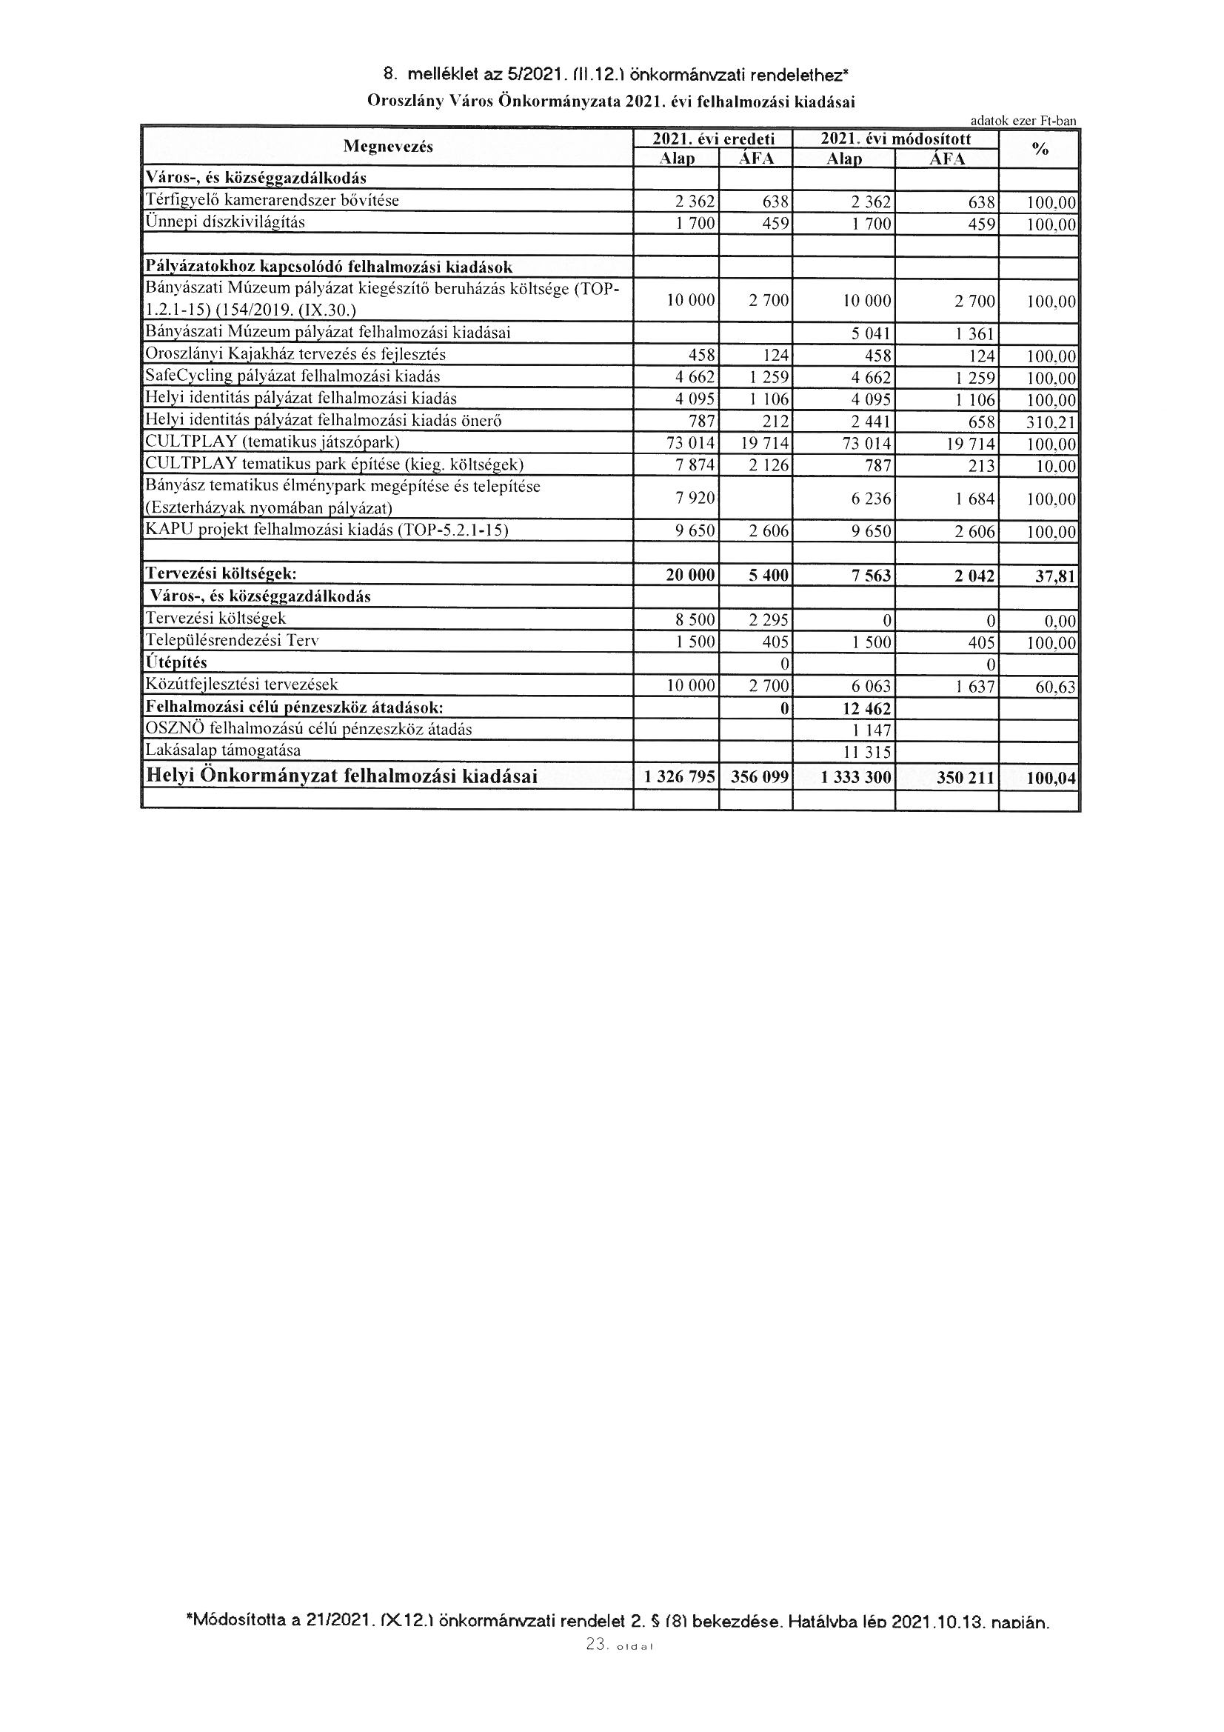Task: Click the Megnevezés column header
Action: pyautogui.click(x=388, y=147)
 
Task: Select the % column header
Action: pyautogui.click(x=1040, y=150)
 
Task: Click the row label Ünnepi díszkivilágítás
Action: pyautogui.click(x=225, y=222)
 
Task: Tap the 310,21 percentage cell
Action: pyautogui.click(x=1051, y=422)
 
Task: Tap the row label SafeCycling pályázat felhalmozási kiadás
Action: pyautogui.click(x=292, y=376)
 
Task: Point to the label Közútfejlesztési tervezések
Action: pyautogui.click(x=242, y=685)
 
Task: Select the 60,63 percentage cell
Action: pyautogui.click(x=1054, y=687)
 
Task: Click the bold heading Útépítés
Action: pyautogui.click(x=175, y=663)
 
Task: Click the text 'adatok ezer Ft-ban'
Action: pyautogui.click(x=1023, y=121)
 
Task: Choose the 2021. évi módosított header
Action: pyautogui.click(x=895, y=139)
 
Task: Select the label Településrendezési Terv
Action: pyautogui.click(x=233, y=642)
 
